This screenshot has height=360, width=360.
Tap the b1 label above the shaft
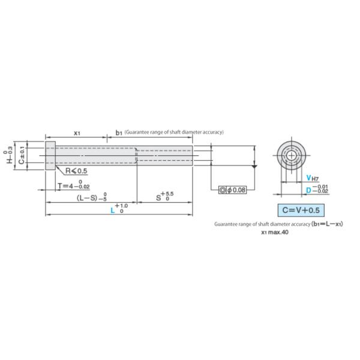pyautogui.click(x=118, y=132)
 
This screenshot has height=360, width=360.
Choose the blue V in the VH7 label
pyautogui.click(x=308, y=178)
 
